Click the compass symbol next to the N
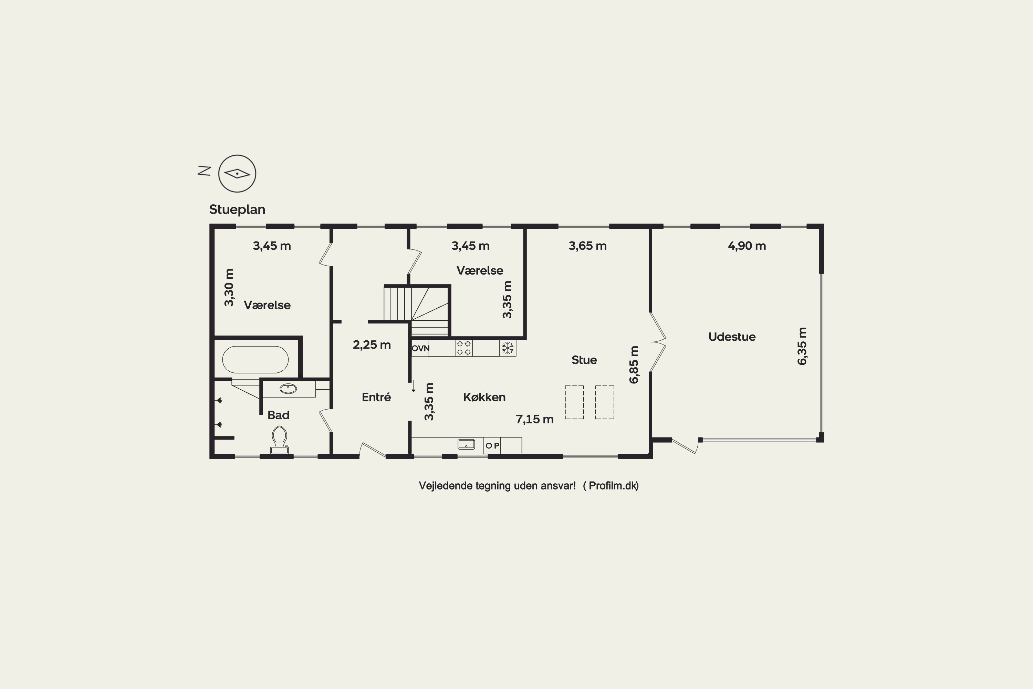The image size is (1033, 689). (237, 174)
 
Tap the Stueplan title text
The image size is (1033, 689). (237, 209)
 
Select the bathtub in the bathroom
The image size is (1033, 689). (255, 359)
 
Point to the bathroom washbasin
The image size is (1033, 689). (288, 389)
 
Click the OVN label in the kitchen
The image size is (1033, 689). (420, 348)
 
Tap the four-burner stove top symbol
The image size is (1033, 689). (464, 348)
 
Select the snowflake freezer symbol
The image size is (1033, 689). (508, 348)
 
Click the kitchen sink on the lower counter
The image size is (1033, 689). (467, 444)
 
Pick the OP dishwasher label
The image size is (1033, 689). (492, 445)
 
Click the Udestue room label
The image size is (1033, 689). (732, 337)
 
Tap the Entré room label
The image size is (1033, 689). (376, 397)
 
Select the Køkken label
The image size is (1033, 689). (484, 397)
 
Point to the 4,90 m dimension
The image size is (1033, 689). (747, 246)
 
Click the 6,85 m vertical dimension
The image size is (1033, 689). (634, 365)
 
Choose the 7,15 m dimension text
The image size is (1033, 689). (534, 419)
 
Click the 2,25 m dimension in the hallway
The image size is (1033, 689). (372, 345)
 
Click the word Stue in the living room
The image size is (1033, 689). (584, 360)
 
